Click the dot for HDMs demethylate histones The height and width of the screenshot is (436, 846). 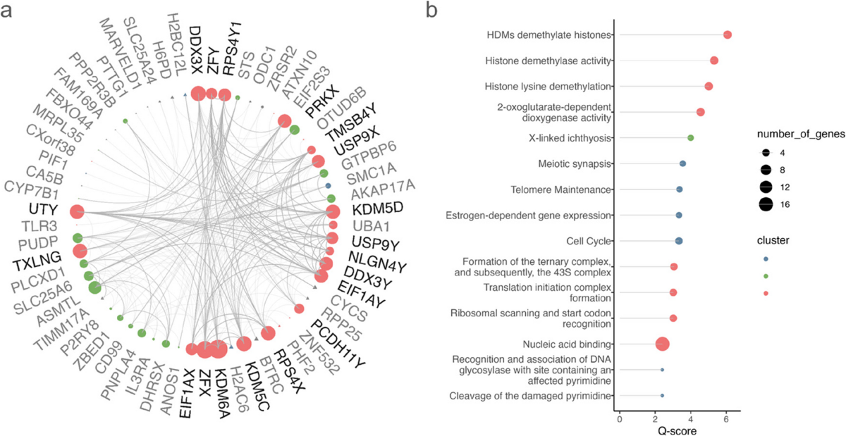[727, 35]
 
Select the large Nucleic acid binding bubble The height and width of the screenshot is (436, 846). [662, 344]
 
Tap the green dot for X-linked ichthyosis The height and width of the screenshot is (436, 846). [690, 138]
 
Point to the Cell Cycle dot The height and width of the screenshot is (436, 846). [679, 241]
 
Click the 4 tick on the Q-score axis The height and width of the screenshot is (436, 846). [690, 421]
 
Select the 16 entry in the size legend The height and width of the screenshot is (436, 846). [766, 205]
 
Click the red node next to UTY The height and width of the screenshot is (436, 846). [77, 211]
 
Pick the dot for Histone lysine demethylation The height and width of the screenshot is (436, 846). [709, 86]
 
